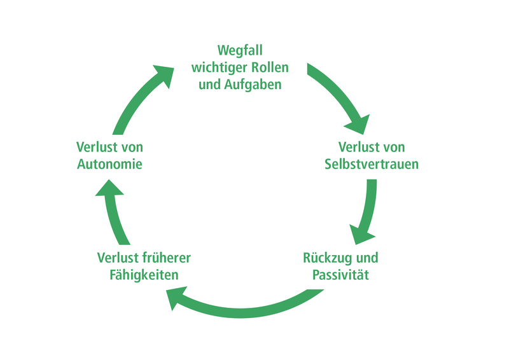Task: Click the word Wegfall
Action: click(240, 50)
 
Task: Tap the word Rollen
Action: click(267, 67)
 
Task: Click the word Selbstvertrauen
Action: click(372, 164)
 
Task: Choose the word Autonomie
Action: click(109, 164)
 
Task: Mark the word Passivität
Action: click(341, 275)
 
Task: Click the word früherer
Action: click(167, 258)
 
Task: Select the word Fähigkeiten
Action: click(144, 275)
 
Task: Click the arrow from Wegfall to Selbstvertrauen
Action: click(343, 95)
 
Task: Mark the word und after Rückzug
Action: click(366, 258)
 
